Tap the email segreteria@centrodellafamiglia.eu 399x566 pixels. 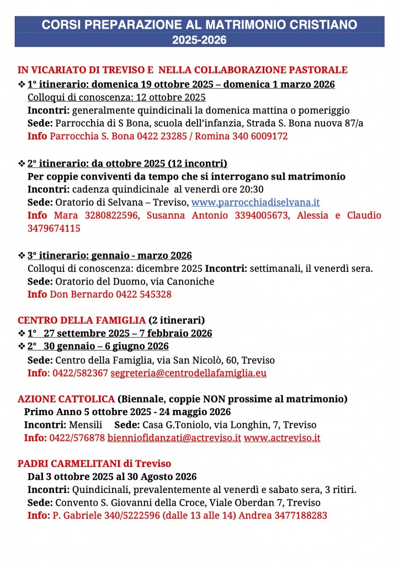[188, 373]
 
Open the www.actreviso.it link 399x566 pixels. [282, 438]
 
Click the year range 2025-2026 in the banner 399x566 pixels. [199, 40]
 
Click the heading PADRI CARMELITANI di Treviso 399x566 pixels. [94, 463]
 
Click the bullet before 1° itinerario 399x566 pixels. [22, 85]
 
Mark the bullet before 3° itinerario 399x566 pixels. [22, 256]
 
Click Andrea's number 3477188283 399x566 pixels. [297, 515]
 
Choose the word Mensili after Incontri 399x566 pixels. [85, 425]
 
